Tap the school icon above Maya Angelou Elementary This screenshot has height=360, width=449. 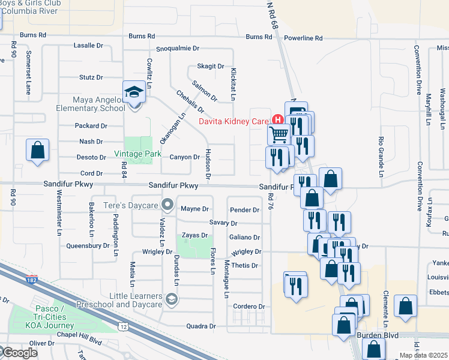click(134, 92)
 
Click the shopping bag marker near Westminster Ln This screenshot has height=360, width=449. click(37, 150)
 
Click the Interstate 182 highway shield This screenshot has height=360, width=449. click(32, 279)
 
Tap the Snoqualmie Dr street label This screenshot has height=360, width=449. click(177, 48)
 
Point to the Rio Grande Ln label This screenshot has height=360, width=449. click(380, 157)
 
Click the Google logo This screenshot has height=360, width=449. click(19, 353)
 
